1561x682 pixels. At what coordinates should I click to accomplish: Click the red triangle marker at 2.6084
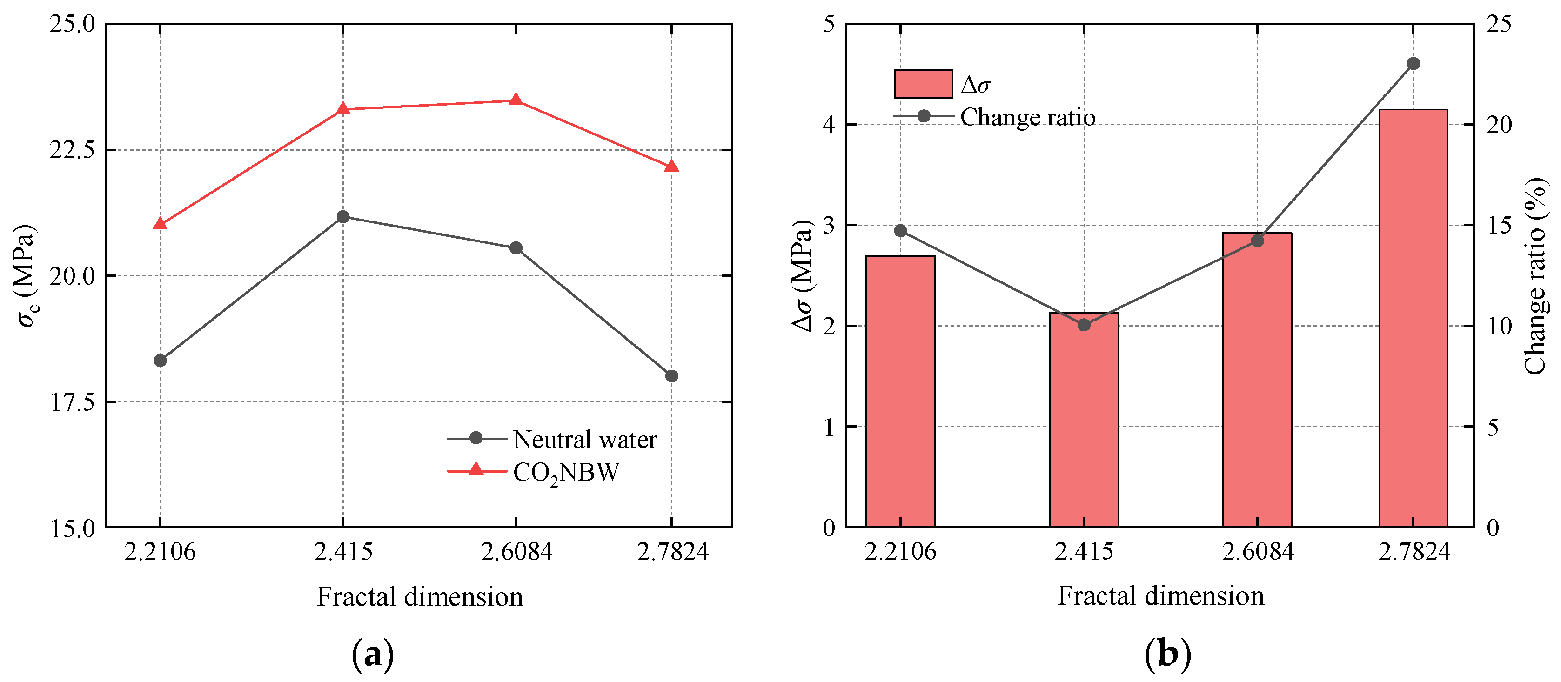click(x=516, y=100)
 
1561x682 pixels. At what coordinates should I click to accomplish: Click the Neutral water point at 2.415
click(x=343, y=217)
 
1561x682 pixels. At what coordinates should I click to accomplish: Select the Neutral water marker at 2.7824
click(x=671, y=376)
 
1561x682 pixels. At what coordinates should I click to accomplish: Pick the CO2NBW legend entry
click(x=533, y=471)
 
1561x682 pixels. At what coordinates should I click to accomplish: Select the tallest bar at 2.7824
click(x=1413, y=318)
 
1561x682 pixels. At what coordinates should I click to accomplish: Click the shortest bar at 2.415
click(x=1084, y=424)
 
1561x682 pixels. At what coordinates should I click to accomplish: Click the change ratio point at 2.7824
click(x=1413, y=64)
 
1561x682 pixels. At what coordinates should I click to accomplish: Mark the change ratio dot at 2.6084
click(x=1257, y=241)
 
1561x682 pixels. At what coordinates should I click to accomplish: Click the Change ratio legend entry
click(x=995, y=117)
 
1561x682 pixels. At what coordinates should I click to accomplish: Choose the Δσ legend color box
click(x=923, y=84)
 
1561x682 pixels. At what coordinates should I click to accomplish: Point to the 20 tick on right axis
click(x=1499, y=125)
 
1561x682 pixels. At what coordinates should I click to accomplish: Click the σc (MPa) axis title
click(x=26, y=275)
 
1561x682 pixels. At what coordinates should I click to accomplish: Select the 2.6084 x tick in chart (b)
click(x=1257, y=552)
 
